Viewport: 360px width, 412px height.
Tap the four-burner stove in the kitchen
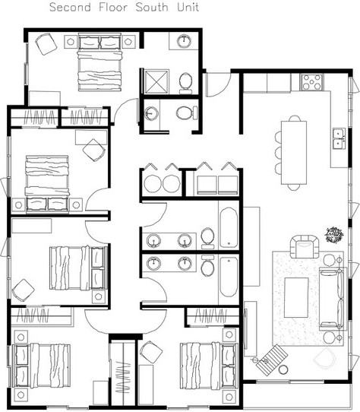pos(311,81)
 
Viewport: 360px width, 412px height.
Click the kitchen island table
pos(293,151)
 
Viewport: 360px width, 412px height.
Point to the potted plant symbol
pos(333,234)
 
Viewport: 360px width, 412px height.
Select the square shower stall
pos(156,80)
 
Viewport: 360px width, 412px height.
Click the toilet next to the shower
pos(185,81)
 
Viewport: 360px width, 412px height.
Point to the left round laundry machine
pos(152,183)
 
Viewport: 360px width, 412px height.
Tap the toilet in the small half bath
pos(183,113)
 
